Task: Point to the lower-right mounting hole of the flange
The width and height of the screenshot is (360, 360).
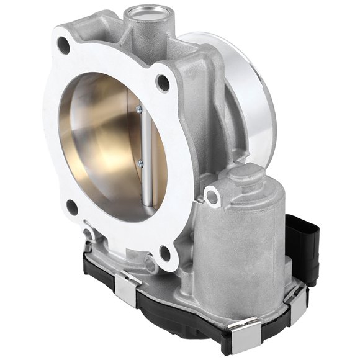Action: coord(164,252)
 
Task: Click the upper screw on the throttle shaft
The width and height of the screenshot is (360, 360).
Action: coord(139,110)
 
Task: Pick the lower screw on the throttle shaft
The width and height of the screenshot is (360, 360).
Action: coord(140,164)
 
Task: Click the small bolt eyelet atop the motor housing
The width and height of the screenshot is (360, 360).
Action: coord(213,197)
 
